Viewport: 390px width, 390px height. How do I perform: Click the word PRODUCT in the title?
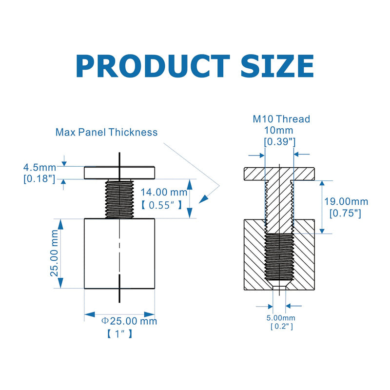coord(153,66)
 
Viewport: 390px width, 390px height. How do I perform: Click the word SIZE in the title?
coord(277,66)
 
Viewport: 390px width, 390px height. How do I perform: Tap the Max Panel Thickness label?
coord(106,132)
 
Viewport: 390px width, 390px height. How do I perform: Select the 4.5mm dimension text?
coord(39,167)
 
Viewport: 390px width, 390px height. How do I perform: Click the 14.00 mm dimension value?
coord(164,192)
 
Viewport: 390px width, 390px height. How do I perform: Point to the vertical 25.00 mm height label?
coord(54,253)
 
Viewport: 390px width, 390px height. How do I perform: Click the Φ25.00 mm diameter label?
coord(129,321)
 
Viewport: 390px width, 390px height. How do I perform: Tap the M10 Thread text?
coord(281,119)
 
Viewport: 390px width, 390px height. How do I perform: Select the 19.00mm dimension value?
coord(346,201)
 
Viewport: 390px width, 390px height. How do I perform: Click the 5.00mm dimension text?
coord(281,318)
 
